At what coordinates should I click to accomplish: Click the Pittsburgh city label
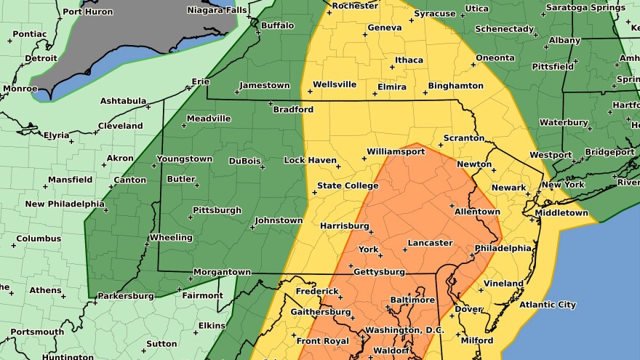click(216, 210)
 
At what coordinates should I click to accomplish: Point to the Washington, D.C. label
click(404, 330)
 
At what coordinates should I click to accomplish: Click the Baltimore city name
click(412, 300)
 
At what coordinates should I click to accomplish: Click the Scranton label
click(464, 137)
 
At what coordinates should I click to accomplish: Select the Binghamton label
click(455, 85)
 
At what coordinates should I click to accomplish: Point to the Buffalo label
click(277, 25)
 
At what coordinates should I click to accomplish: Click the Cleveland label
click(120, 125)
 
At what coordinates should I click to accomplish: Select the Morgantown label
click(222, 272)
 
